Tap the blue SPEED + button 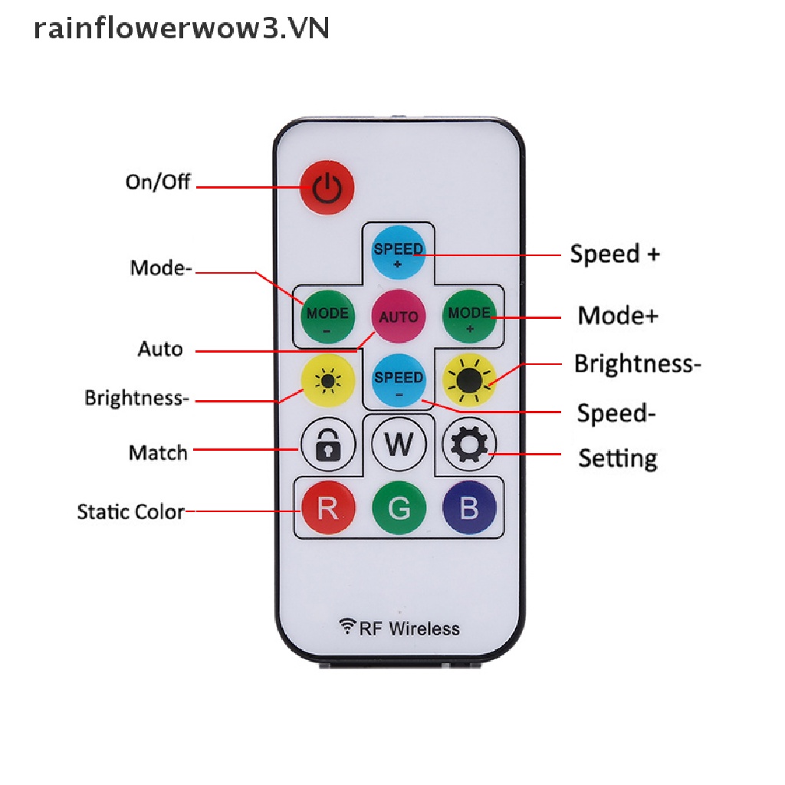click(399, 252)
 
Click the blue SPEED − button click(399, 381)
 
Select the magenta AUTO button click(399, 316)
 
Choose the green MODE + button click(469, 316)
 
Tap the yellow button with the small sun click(328, 381)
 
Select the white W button click(399, 444)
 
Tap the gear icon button click(469, 444)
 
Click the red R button click(328, 507)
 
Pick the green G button click(399, 507)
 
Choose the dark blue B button click(469, 507)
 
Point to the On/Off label click(158, 182)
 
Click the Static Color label click(131, 511)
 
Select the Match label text click(158, 452)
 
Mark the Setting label click(617, 458)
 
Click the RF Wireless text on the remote click(400, 629)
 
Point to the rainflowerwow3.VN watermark click(182, 28)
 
